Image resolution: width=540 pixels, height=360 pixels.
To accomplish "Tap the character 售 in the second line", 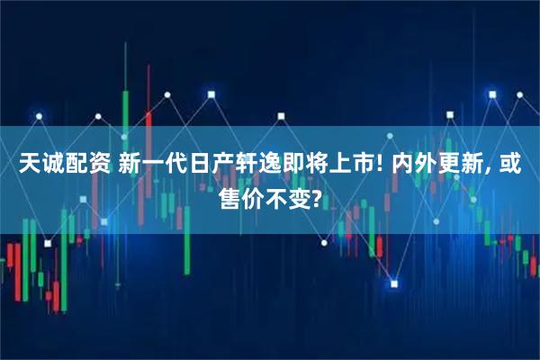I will [231, 195].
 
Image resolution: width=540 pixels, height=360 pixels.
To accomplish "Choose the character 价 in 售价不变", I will [255, 195].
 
